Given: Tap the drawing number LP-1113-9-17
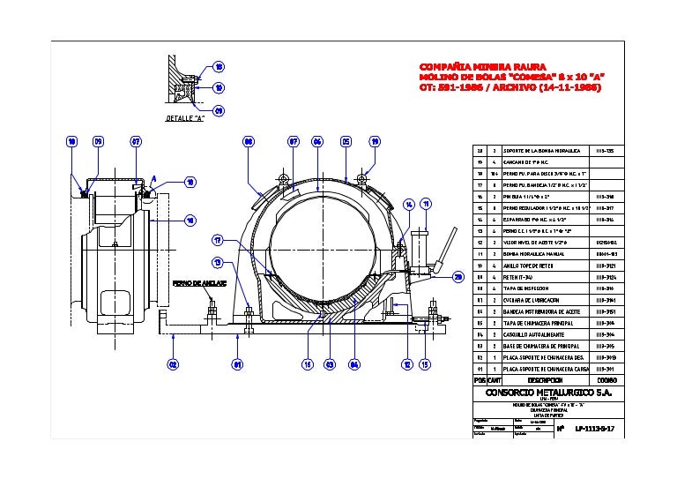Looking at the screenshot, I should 594,430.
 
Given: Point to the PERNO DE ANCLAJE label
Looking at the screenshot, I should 200,284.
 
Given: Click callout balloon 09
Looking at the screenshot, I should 99,141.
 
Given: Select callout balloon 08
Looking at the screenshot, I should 249,141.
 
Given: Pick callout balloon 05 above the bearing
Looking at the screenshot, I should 346,141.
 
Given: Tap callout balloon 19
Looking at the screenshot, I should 375,141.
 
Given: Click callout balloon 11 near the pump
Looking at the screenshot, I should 426,204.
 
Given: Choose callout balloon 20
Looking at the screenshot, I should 458,277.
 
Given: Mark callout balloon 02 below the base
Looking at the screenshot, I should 174,363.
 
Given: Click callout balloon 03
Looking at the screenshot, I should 329,363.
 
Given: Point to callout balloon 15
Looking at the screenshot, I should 425,363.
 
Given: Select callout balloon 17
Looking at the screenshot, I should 217,240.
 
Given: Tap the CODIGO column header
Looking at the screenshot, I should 606,380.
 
